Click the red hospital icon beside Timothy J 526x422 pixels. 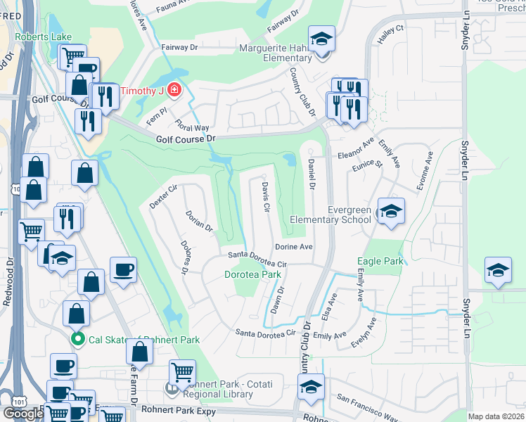(x=172, y=91)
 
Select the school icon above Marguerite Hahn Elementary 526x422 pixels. (x=321, y=39)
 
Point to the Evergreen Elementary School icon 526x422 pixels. (x=390, y=210)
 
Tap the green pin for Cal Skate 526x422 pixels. (x=82, y=340)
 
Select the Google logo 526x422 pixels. (x=23, y=413)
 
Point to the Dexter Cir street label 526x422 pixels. (x=162, y=196)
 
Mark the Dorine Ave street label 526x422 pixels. (x=293, y=247)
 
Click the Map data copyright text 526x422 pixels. (x=496, y=416)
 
